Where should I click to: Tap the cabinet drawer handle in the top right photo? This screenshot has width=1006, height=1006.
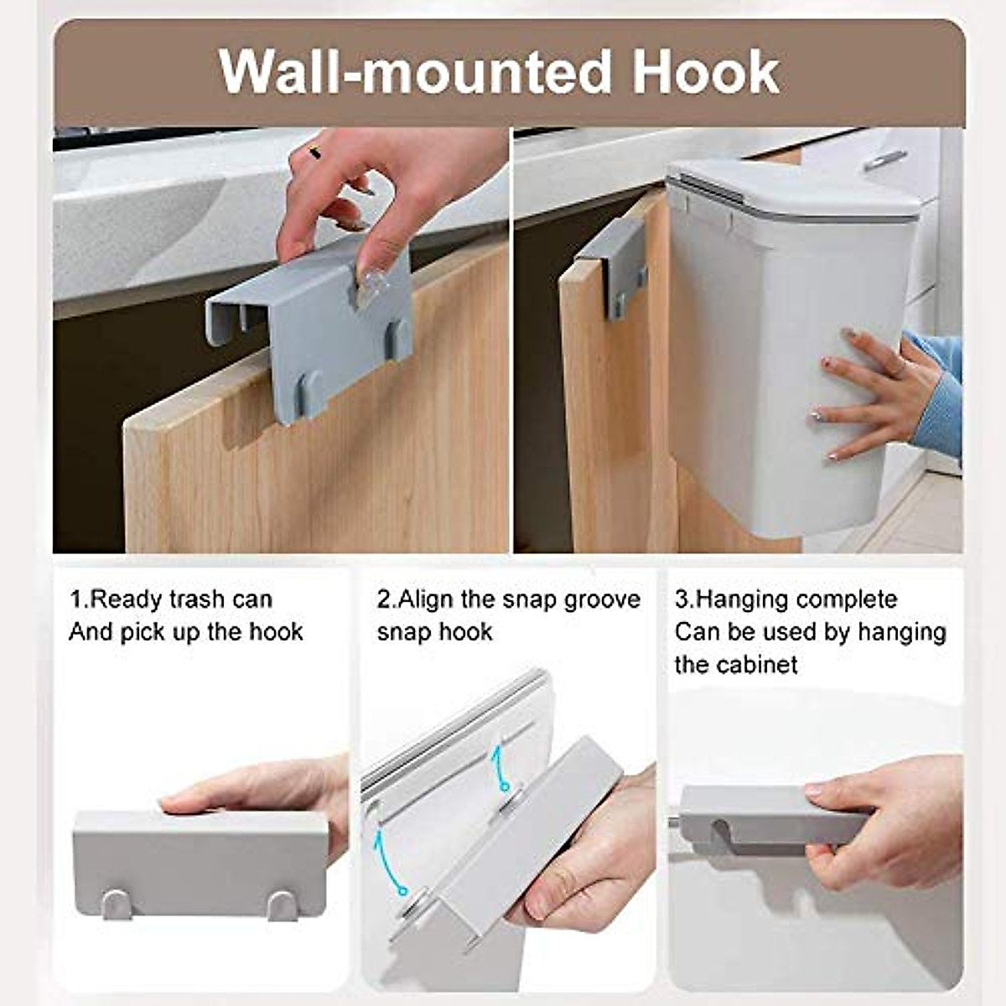[884, 160]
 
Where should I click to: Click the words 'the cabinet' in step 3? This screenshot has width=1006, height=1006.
[736, 665]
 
